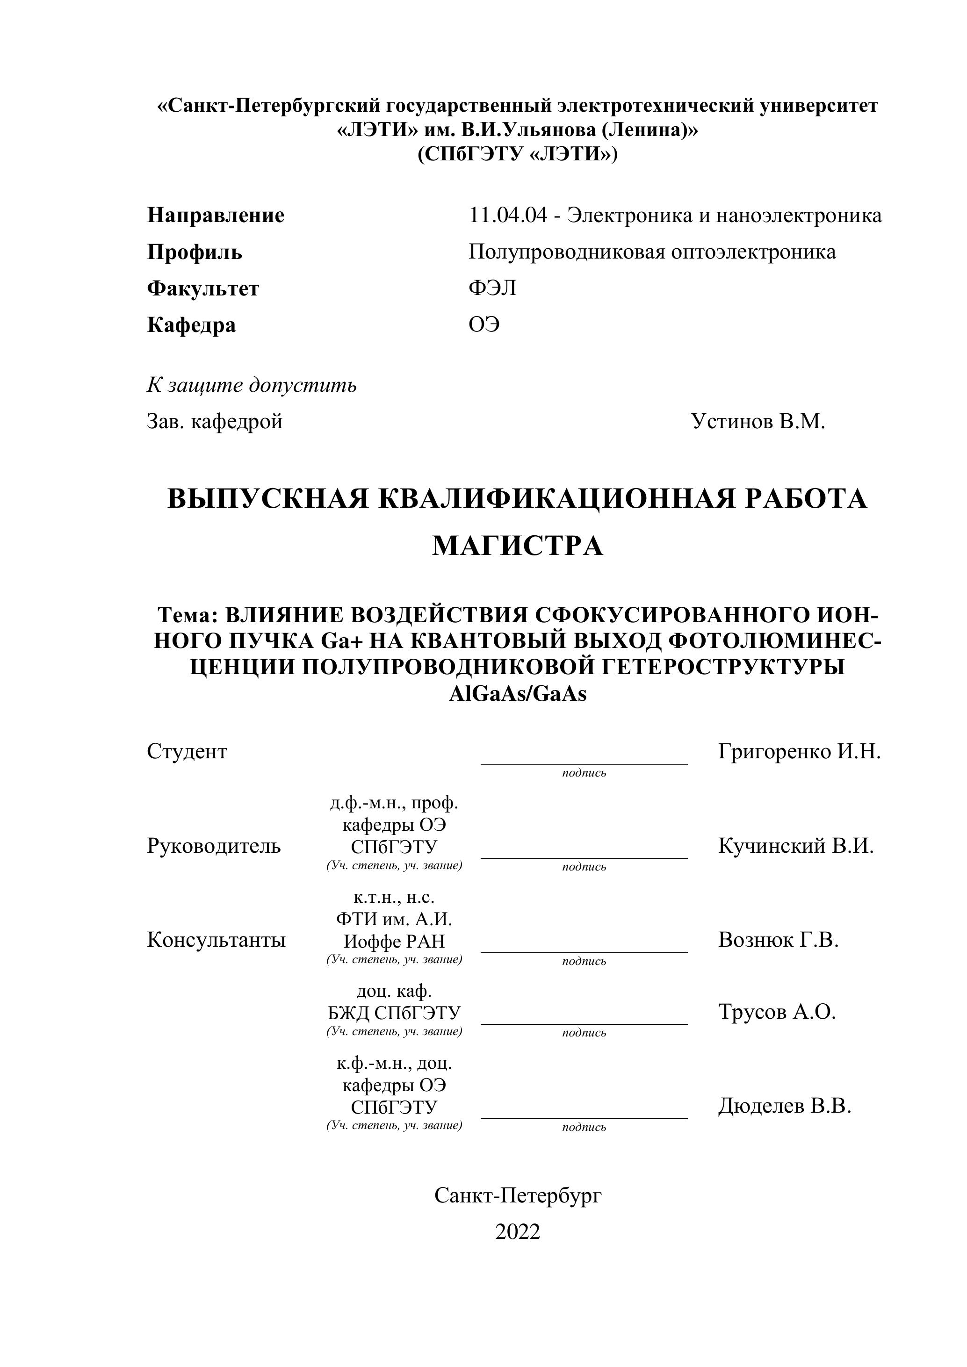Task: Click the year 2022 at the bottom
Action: (x=518, y=1231)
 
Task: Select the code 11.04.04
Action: (x=507, y=215)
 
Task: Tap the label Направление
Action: (x=216, y=215)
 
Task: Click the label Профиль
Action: (x=194, y=252)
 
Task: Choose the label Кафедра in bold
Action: (x=191, y=325)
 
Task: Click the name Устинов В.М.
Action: (x=758, y=422)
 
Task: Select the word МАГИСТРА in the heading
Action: (x=518, y=546)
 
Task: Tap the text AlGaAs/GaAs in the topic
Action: (x=518, y=694)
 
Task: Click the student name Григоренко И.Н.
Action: (x=799, y=751)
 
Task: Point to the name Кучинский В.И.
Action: (x=795, y=845)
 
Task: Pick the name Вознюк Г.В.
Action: (x=778, y=940)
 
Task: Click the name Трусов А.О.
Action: (x=777, y=1012)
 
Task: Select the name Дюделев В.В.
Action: (x=785, y=1106)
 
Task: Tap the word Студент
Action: (x=187, y=751)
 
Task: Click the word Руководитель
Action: (x=214, y=845)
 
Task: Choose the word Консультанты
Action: (x=216, y=940)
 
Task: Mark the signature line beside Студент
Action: (x=584, y=763)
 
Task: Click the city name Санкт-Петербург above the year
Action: (x=518, y=1194)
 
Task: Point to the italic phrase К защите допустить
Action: (x=252, y=385)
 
